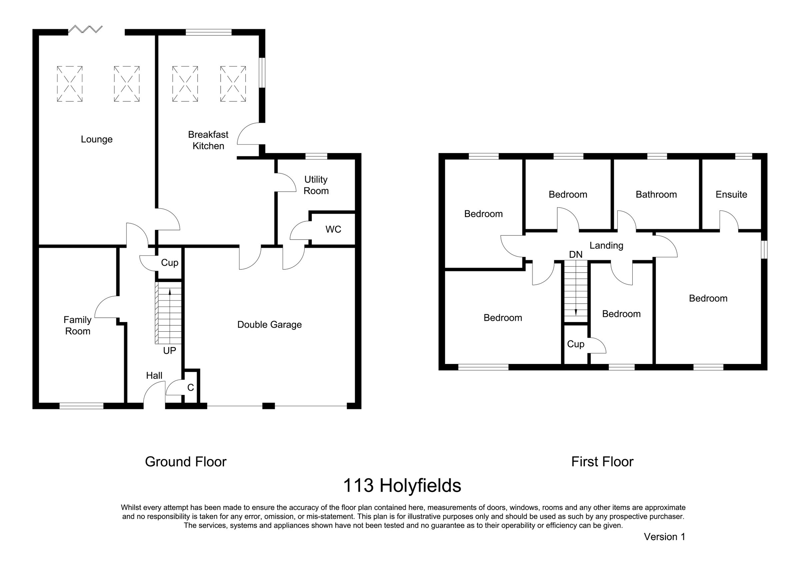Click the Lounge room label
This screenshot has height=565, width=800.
(97, 139)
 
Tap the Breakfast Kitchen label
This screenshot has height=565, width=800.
(208, 140)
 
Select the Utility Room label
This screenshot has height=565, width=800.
(316, 185)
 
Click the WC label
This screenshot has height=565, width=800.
(333, 229)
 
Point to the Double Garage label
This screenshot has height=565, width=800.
(269, 325)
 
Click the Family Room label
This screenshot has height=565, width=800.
(77, 325)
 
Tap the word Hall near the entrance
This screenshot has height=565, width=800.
(154, 376)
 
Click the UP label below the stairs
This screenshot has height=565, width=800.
(170, 350)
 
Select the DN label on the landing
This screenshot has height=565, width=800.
(576, 255)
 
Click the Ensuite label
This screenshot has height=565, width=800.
(731, 194)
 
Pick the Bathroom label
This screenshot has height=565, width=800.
(656, 194)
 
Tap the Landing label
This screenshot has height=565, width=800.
(606, 246)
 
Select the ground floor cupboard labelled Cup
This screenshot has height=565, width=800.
(169, 263)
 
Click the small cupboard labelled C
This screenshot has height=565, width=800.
(190, 387)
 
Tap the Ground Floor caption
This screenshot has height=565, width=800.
(186, 462)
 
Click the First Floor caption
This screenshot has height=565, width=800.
(602, 462)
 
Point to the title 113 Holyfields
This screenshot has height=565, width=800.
(402, 486)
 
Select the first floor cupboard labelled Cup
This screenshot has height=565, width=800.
(576, 344)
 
